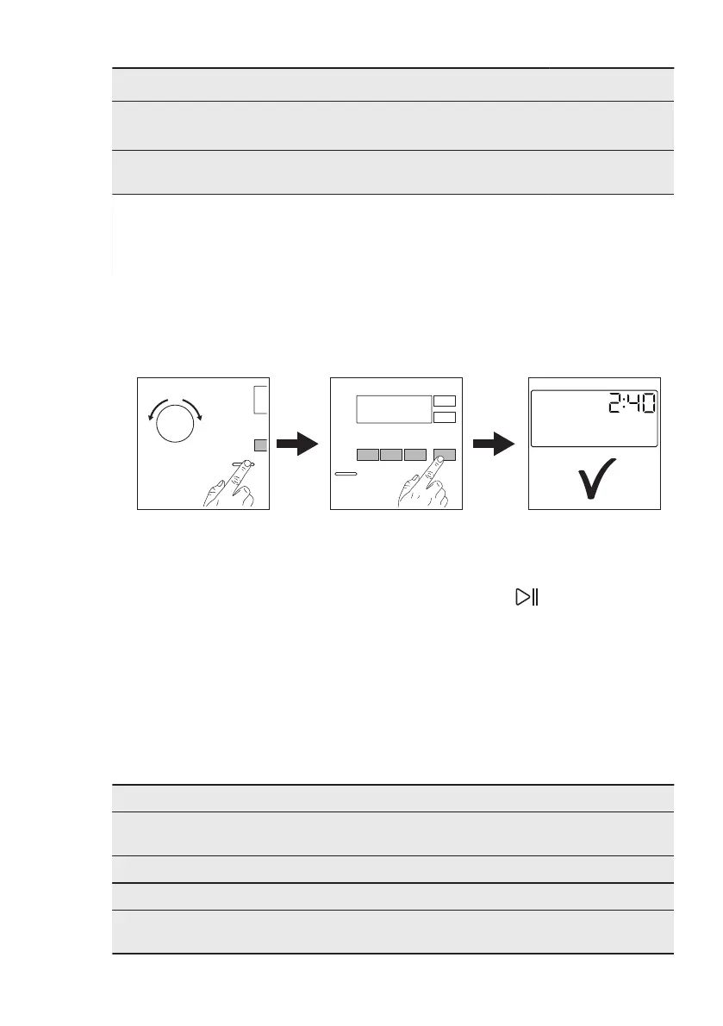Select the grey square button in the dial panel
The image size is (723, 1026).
(261, 445)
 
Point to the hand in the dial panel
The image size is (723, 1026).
(228, 487)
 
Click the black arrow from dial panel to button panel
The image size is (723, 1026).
(297, 446)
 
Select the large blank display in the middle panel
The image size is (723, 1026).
(393, 409)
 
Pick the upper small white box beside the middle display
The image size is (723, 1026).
(445, 401)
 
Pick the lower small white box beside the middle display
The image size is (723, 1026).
(445, 418)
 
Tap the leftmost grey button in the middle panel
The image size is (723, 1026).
(367, 454)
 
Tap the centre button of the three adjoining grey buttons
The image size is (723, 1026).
(392, 454)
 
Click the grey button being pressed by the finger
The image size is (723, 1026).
(445, 454)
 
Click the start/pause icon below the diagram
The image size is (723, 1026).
(525, 597)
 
